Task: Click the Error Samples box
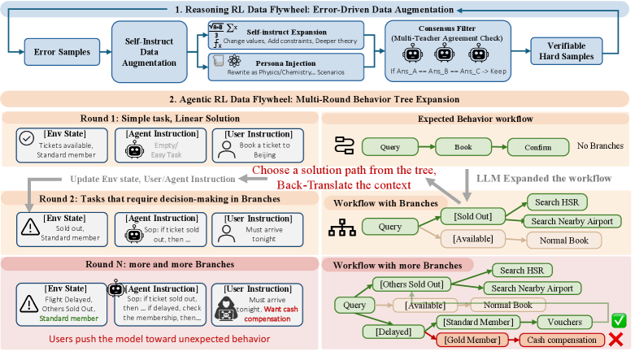62,52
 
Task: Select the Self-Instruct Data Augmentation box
149,52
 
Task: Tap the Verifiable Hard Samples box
566,51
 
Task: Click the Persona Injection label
285,63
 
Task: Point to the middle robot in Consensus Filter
444,54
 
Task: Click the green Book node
463,147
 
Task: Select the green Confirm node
537,147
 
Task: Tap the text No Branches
600,145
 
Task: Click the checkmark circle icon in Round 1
27,138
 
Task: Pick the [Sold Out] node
472,216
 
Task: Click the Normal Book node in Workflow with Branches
563,241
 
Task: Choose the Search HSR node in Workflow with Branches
557,202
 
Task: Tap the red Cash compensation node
561,340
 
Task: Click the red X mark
615,340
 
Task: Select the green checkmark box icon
619,320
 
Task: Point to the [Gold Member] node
472,340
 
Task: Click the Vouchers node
564,323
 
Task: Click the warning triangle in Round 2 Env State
30,228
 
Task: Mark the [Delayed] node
394,332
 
